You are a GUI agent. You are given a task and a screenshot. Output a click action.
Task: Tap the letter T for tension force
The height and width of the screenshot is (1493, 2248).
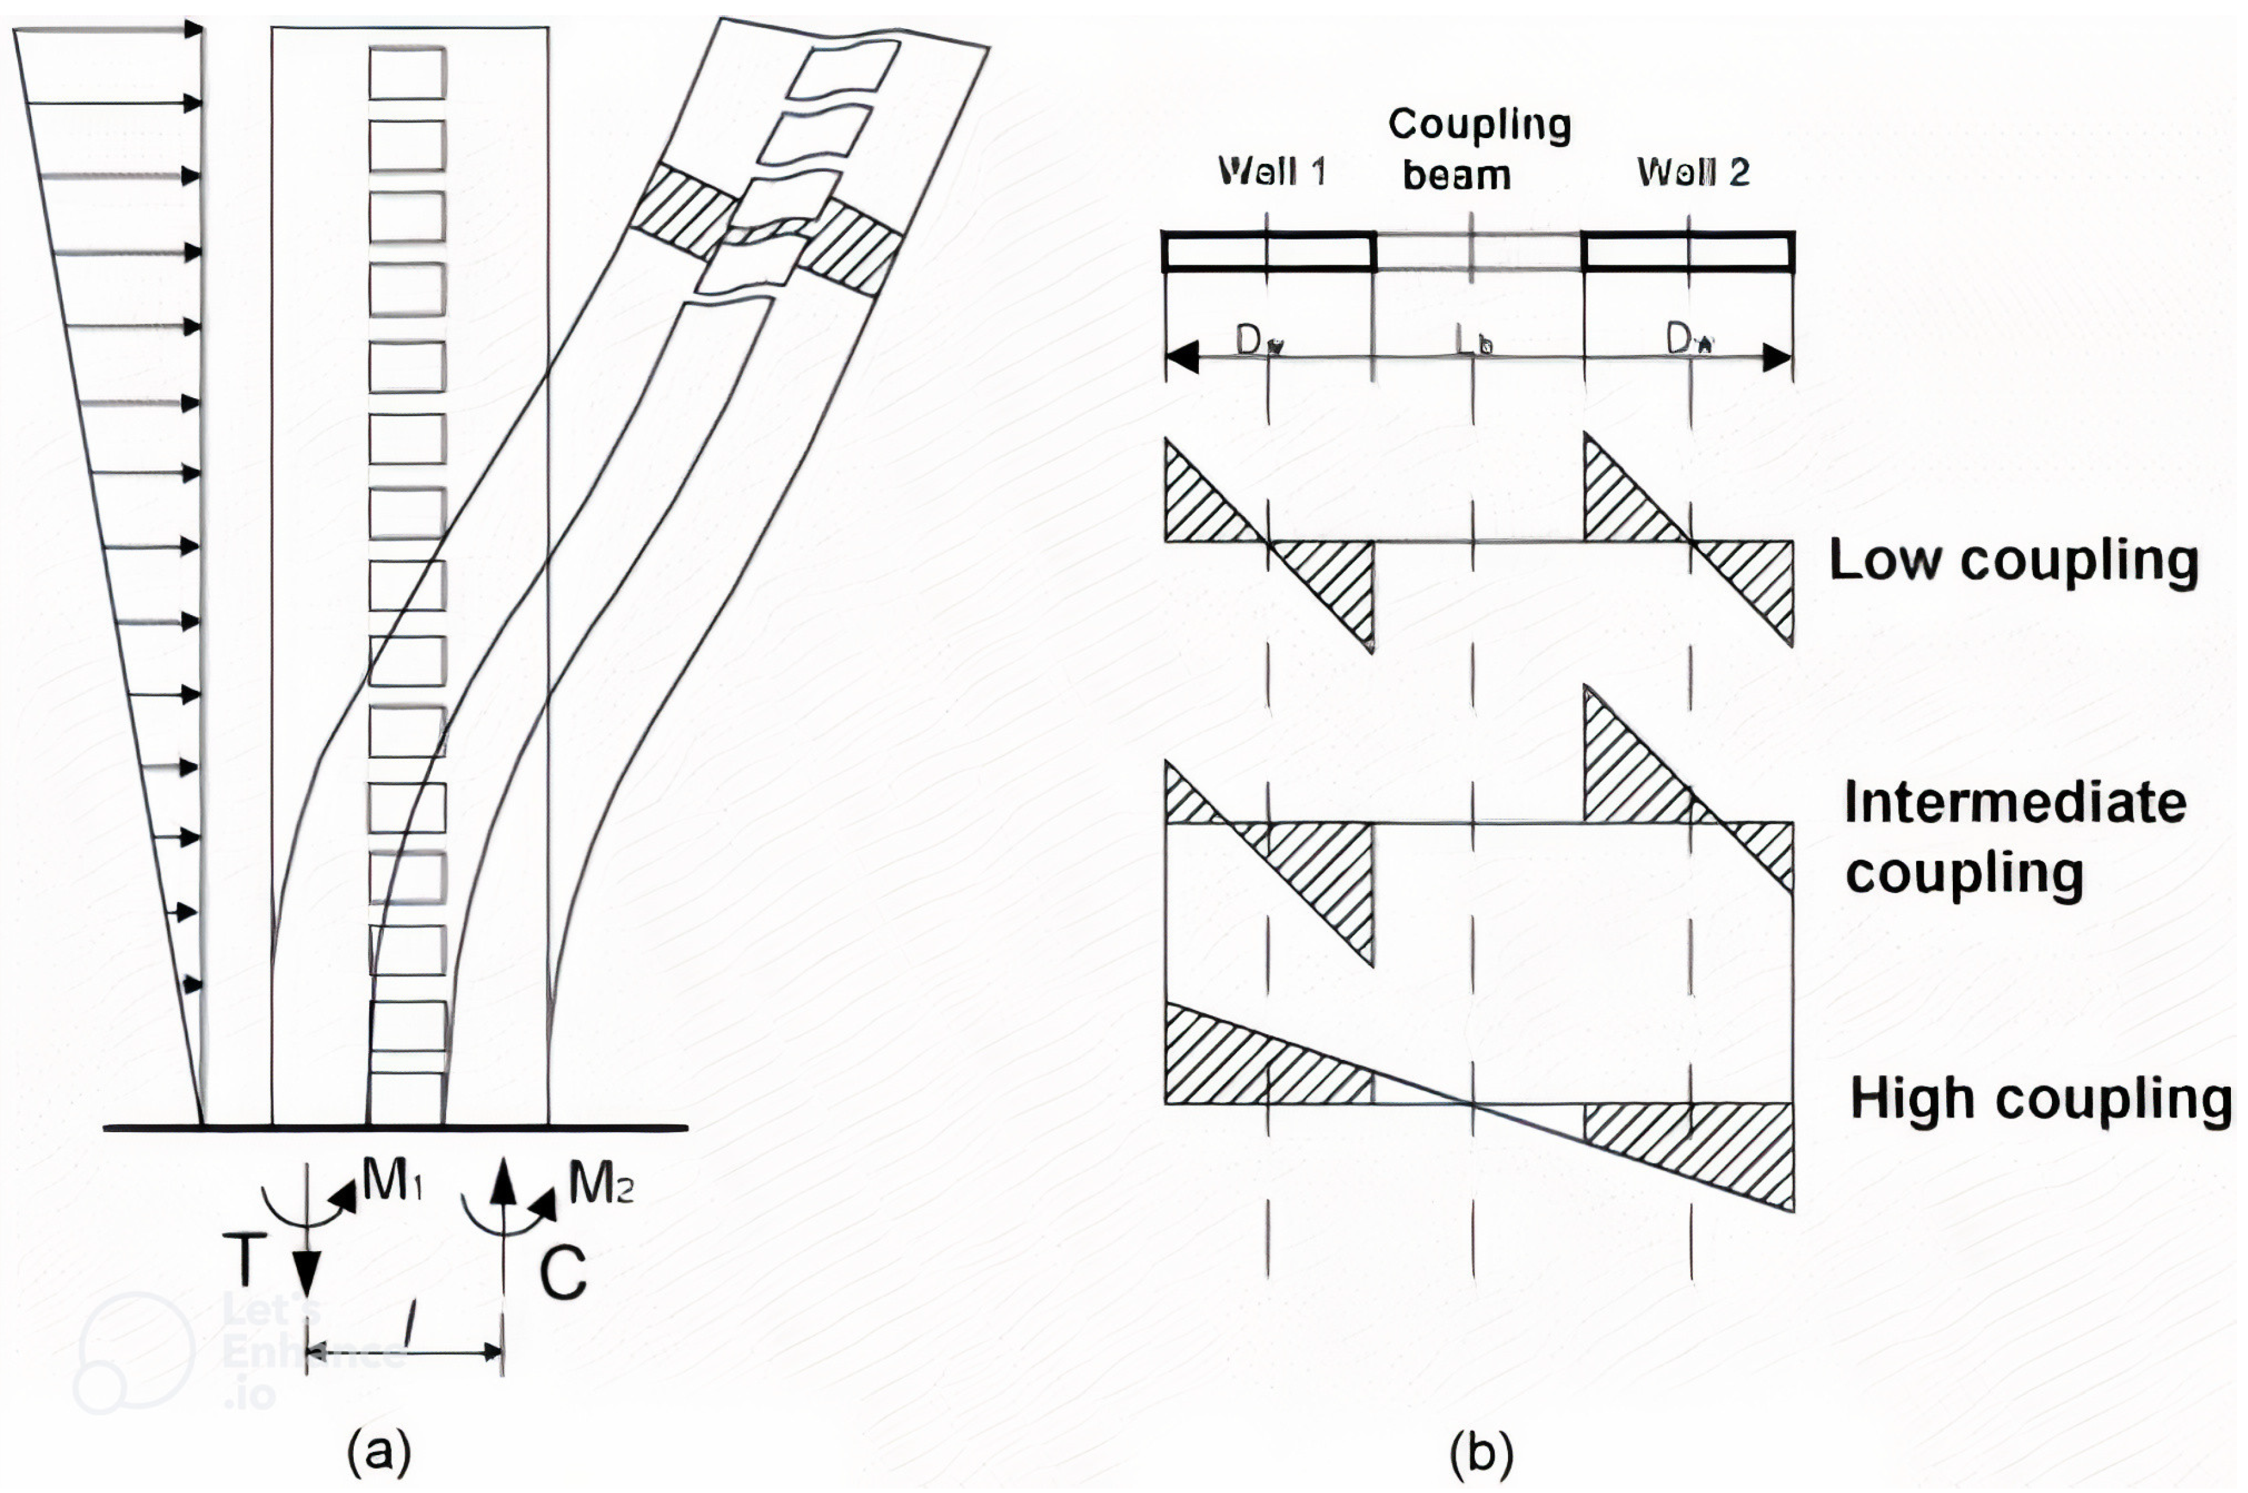247,1259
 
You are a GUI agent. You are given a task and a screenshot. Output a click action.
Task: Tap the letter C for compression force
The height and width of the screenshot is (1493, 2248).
563,1273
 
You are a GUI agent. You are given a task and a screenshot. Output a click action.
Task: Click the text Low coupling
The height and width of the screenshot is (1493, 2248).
2013,560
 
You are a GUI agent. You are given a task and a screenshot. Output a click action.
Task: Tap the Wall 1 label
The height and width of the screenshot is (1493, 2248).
1271,172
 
